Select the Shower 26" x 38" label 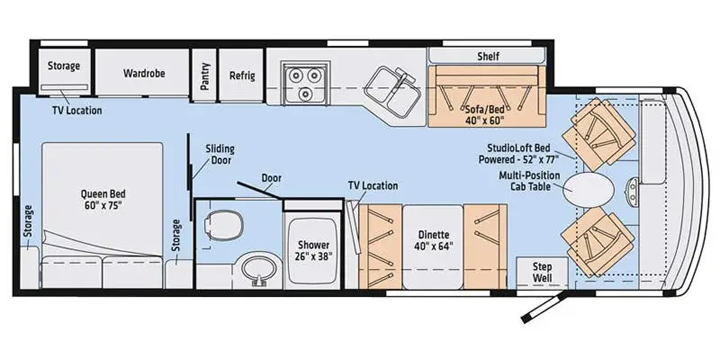pyautogui.click(x=313, y=250)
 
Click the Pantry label pyautogui.click(x=205, y=76)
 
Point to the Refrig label pyautogui.click(x=242, y=76)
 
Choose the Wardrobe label pyautogui.click(x=144, y=73)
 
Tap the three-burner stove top pyautogui.click(x=302, y=82)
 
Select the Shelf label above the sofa pyautogui.click(x=488, y=56)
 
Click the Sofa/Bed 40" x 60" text pyautogui.click(x=484, y=115)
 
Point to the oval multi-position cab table pyautogui.click(x=589, y=190)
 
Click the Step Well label pyautogui.click(x=543, y=273)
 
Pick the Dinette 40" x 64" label pyautogui.click(x=434, y=239)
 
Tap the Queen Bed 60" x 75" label pyautogui.click(x=103, y=199)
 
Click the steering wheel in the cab pyautogui.click(x=633, y=190)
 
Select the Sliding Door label pyautogui.click(x=220, y=154)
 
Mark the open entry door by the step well pyautogui.click(x=544, y=304)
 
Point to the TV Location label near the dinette pyautogui.click(x=373, y=185)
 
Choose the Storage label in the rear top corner pyautogui.click(x=64, y=66)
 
